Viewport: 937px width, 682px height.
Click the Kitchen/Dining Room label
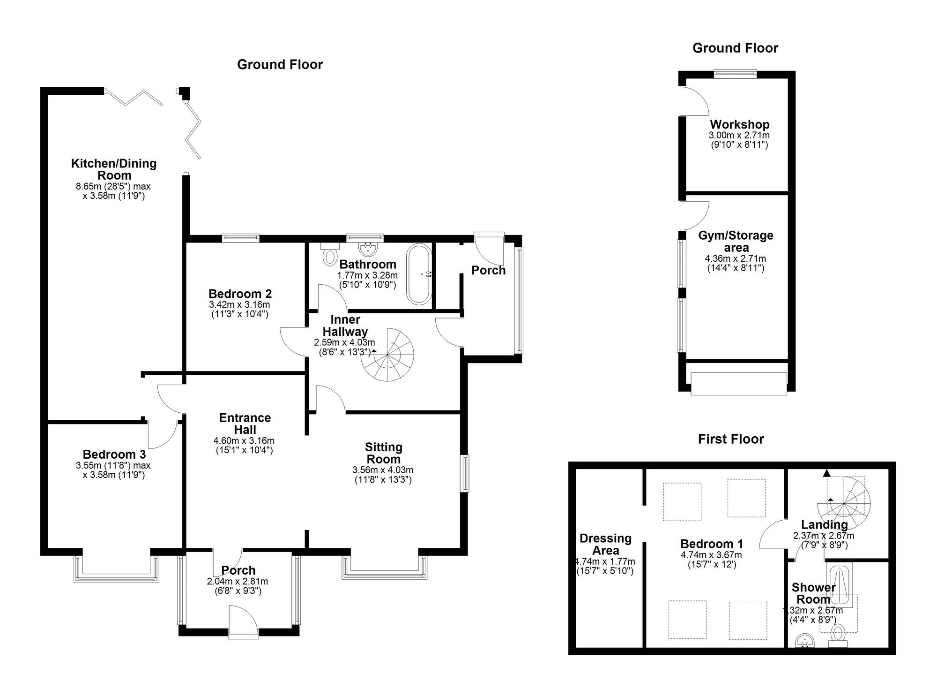114,169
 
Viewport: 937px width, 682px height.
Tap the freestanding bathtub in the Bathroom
419,274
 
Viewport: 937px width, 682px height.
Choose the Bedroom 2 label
240,294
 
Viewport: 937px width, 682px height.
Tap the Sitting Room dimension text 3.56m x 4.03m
383,470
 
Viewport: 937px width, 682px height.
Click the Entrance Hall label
245,424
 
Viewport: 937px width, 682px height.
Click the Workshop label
740,125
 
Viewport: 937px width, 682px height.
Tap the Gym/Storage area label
736,241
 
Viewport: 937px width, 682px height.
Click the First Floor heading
731,439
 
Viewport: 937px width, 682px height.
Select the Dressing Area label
605,544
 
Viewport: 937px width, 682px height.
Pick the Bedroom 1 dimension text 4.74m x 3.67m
712,555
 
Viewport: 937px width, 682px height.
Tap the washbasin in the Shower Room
805,641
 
